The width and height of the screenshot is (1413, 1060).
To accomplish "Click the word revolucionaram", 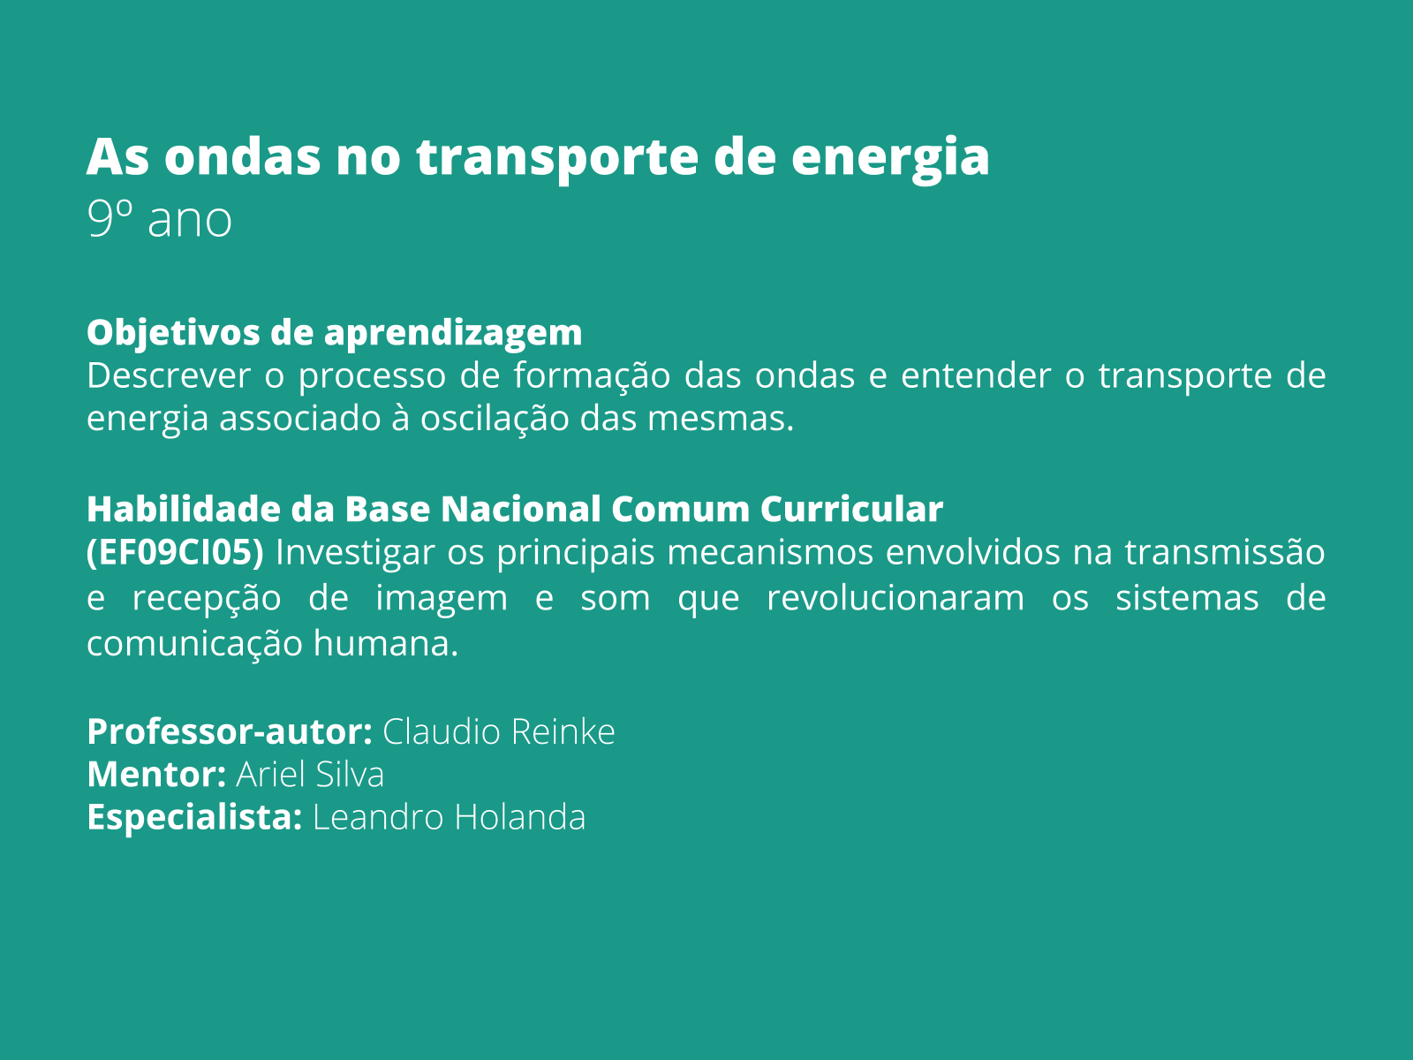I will point(895,599).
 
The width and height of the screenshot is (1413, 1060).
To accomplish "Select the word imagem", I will point(442,599).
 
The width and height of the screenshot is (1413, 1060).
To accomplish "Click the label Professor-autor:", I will point(230,732).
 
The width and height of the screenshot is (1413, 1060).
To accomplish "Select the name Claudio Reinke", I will point(499,732).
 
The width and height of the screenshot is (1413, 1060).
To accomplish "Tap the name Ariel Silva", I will point(310,775).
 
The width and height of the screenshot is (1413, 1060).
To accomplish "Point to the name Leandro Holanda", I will point(450,818).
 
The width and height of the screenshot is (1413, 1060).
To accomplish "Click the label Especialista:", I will point(194,818).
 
